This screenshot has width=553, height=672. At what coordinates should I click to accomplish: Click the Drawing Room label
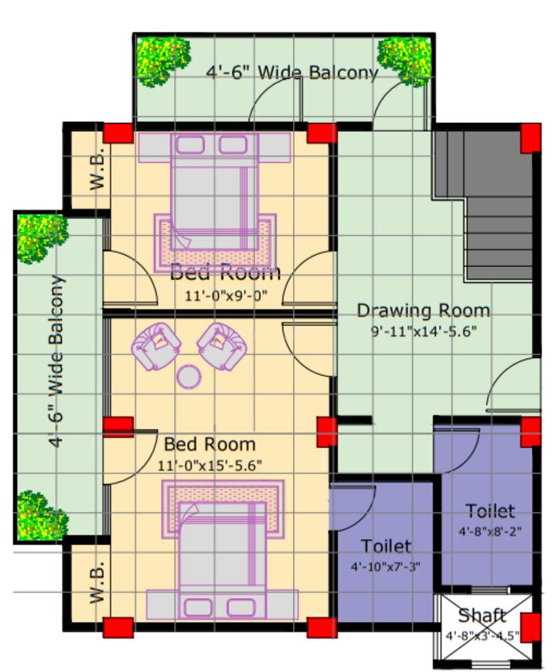[423, 310]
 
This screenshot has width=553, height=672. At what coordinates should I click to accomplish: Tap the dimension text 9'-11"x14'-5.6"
[423, 331]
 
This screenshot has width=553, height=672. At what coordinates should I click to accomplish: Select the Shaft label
[482, 616]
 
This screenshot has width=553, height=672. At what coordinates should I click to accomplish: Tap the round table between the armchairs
[189, 377]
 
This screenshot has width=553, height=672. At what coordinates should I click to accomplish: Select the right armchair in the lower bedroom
[220, 345]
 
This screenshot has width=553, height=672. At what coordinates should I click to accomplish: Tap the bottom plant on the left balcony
[40, 513]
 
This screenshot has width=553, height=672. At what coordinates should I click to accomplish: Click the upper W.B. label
[97, 169]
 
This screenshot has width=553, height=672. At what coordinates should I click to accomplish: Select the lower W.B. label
[97, 582]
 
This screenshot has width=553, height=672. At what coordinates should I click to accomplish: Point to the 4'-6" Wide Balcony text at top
[292, 73]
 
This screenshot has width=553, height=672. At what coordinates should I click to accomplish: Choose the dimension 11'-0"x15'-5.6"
[210, 466]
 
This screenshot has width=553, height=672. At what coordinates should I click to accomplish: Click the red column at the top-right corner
[531, 138]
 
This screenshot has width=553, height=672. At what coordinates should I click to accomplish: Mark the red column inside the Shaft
[531, 626]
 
